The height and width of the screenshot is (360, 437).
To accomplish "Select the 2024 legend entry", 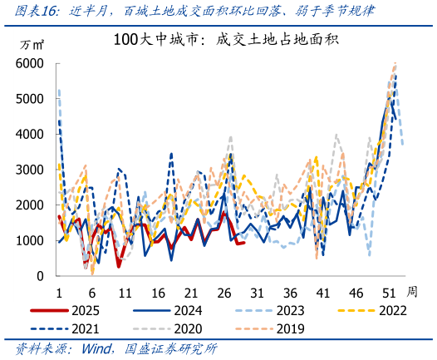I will (189, 311).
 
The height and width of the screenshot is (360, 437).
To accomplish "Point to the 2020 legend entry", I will (189, 328).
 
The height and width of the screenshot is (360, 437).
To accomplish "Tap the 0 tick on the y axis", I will (42, 275).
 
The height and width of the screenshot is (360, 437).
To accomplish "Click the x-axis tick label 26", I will (223, 293).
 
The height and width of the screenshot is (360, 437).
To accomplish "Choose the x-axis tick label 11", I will (125, 293).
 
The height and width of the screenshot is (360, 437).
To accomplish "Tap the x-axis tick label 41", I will (322, 293).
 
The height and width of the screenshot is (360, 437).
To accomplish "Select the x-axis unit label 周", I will (412, 292).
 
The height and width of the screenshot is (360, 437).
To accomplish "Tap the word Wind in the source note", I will (99, 348).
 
